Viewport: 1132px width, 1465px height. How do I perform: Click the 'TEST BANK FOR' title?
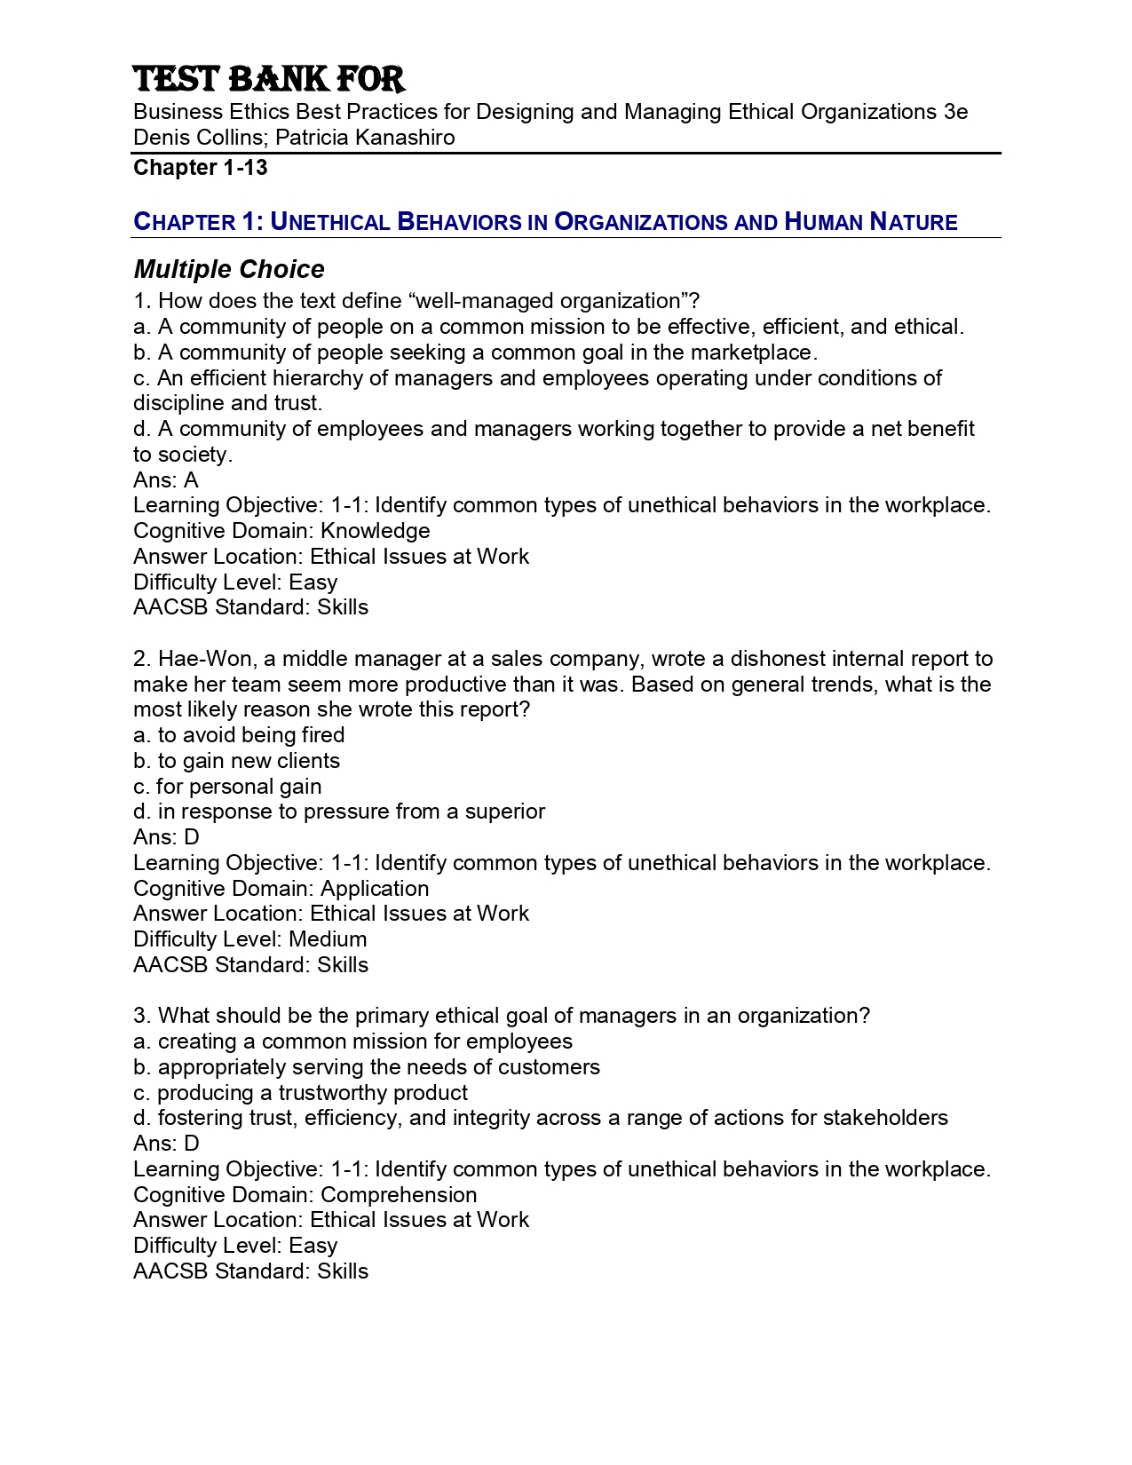(x=269, y=80)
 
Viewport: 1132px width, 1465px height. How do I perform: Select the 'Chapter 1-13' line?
(x=201, y=168)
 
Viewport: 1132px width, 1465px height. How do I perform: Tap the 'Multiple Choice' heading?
(x=229, y=270)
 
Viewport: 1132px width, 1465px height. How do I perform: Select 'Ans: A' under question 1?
(x=166, y=480)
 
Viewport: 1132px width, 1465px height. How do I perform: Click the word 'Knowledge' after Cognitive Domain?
(x=375, y=531)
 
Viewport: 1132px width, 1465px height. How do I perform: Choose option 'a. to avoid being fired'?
(x=239, y=735)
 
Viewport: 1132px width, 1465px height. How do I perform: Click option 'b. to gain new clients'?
(x=236, y=761)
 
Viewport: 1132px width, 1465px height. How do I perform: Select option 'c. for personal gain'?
(x=227, y=787)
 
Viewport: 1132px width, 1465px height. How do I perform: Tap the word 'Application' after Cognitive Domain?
(x=375, y=889)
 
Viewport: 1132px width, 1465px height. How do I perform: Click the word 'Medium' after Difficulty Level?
(x=328, y=939)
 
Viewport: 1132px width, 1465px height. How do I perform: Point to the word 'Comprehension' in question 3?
(x=399, y=1195)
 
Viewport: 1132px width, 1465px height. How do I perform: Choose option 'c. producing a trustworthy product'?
(x=300, y=1093)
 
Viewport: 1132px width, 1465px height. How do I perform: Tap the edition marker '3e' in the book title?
(x=956, y=112)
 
